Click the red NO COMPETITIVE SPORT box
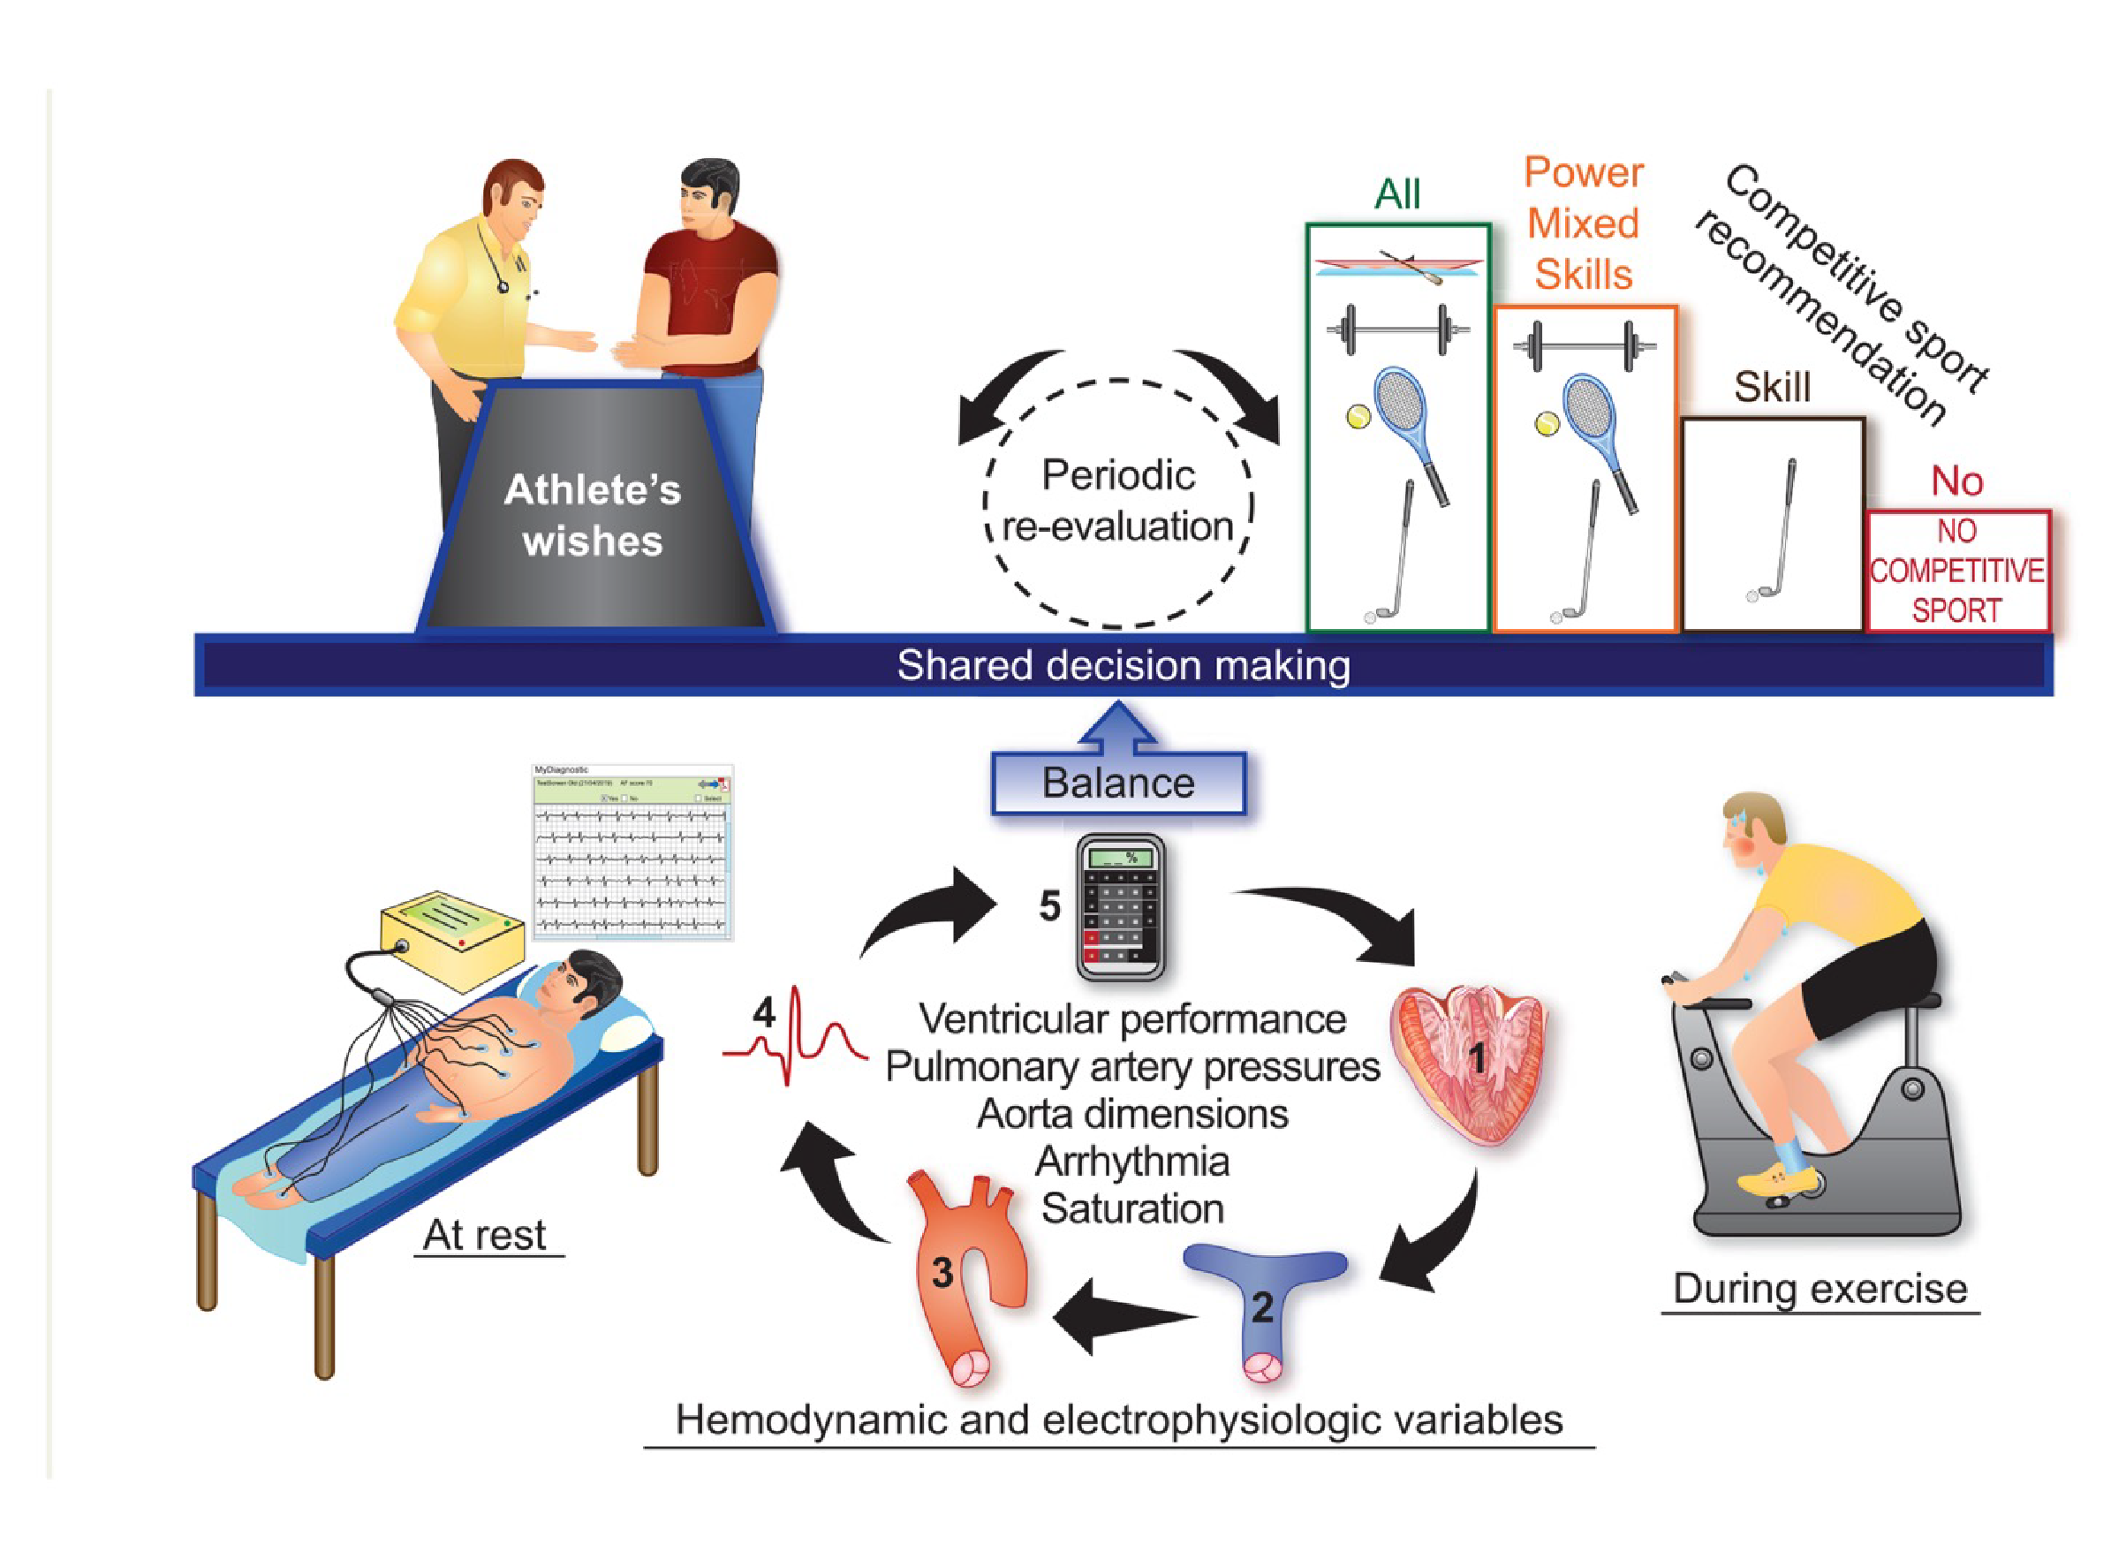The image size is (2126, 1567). [1956, 570]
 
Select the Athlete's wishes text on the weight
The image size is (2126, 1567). [593, 515]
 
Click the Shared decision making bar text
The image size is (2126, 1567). [1124, 666]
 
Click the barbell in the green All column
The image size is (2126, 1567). [1397, 329]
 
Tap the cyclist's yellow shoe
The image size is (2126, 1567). [1778, 1179]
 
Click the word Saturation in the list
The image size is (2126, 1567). [1132, 1208]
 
